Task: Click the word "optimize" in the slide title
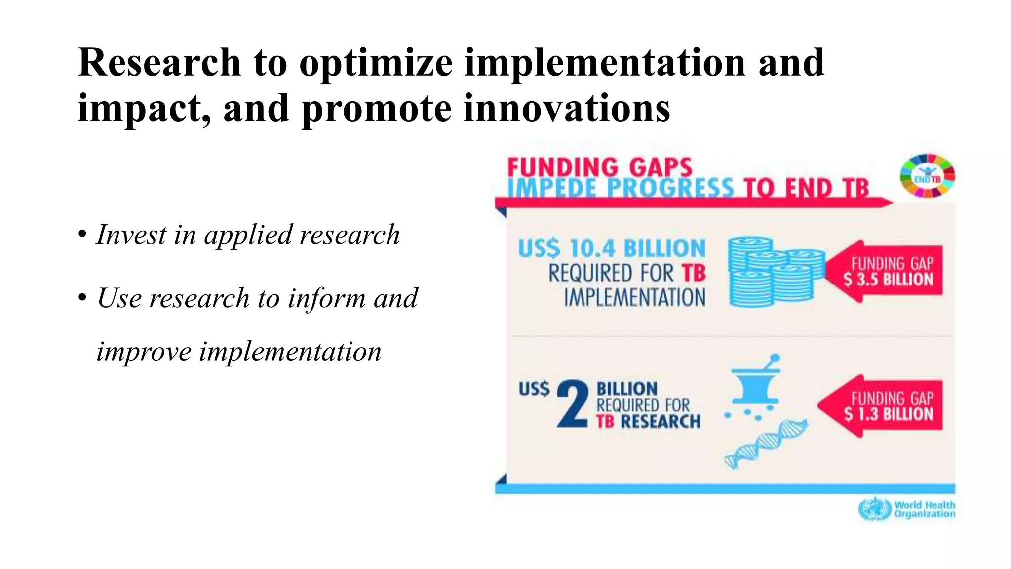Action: click(376, 63)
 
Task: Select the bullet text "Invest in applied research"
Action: click(248, 234)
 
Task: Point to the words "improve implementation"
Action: click(239, 352)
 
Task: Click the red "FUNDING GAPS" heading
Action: click(600, 167)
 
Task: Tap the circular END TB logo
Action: click(927, 176)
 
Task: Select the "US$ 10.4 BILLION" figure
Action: click(612, 248)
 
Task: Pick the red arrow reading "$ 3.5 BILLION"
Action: click(884, 272)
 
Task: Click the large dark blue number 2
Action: click(573, 404)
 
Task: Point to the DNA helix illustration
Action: click(765, 444)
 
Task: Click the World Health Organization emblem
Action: click(874, 509)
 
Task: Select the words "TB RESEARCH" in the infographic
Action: click(648, 422)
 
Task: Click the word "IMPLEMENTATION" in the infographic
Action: click(635, 298)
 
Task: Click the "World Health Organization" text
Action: click(925, 509)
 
